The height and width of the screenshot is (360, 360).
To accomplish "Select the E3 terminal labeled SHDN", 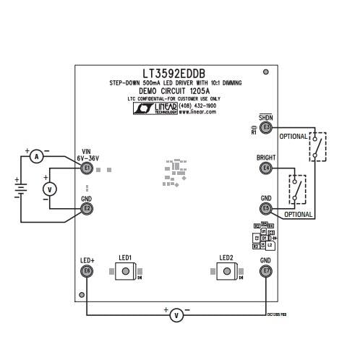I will click(266, 128).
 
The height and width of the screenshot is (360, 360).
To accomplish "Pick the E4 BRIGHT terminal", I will click(266, 168).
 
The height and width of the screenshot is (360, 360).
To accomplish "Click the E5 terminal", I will click(266, 209).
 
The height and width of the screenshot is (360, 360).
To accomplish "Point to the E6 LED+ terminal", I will click(87, 271).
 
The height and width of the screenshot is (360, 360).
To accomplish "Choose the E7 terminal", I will click(266, 271).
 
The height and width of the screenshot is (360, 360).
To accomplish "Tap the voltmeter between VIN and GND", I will click(50, 188).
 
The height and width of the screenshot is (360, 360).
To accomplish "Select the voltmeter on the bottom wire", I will click(176, 314).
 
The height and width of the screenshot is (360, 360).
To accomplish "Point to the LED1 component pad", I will click(126, 271).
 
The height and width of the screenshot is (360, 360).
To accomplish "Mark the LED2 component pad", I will click(227, 271).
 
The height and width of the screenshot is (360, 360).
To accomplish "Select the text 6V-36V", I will click(87, 158).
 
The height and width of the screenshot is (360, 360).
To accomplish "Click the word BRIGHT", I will click(266, 158).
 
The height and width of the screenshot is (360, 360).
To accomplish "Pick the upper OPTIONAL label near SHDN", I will click(293, 137).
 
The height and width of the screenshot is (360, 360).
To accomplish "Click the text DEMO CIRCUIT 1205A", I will click(174, 92).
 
